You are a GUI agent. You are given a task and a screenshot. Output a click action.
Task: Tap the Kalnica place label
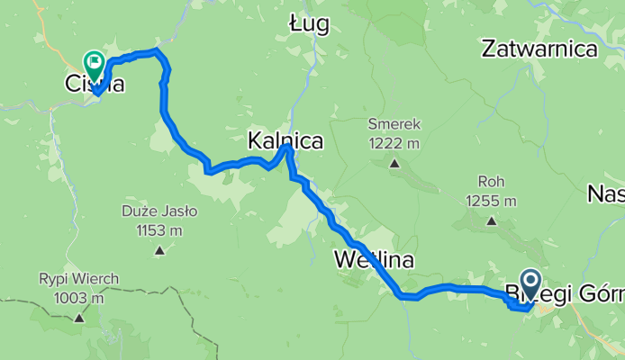pyautogui.click(x=285, y=141)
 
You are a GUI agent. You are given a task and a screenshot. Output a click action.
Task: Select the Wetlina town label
pyautogui.click(x=373, y=261)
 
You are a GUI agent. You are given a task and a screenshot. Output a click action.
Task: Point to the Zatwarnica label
pyautogui.click(x=539, y=49)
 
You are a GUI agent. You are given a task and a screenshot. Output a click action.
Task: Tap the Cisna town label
pyautogui.click(x=94, y=85)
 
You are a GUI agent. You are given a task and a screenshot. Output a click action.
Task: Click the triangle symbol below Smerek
pyautogui.click(x=394, y=163)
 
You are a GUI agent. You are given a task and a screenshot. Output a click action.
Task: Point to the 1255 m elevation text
pyautogui.click(x=491, y=201)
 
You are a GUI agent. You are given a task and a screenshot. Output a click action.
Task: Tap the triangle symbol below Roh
pyautogui.click(x=491, y=220)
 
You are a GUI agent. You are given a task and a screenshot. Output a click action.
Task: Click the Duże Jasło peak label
pyautogui.click(x=159, y=212)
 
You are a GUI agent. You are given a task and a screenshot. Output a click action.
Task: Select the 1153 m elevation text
pyautogui.click(x=159, y=230)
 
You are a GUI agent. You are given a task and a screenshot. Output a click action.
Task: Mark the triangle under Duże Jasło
pyautogui.click(x=159, y=249)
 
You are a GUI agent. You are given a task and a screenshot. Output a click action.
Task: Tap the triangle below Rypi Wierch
pyautogui.click(x=79, y=317)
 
